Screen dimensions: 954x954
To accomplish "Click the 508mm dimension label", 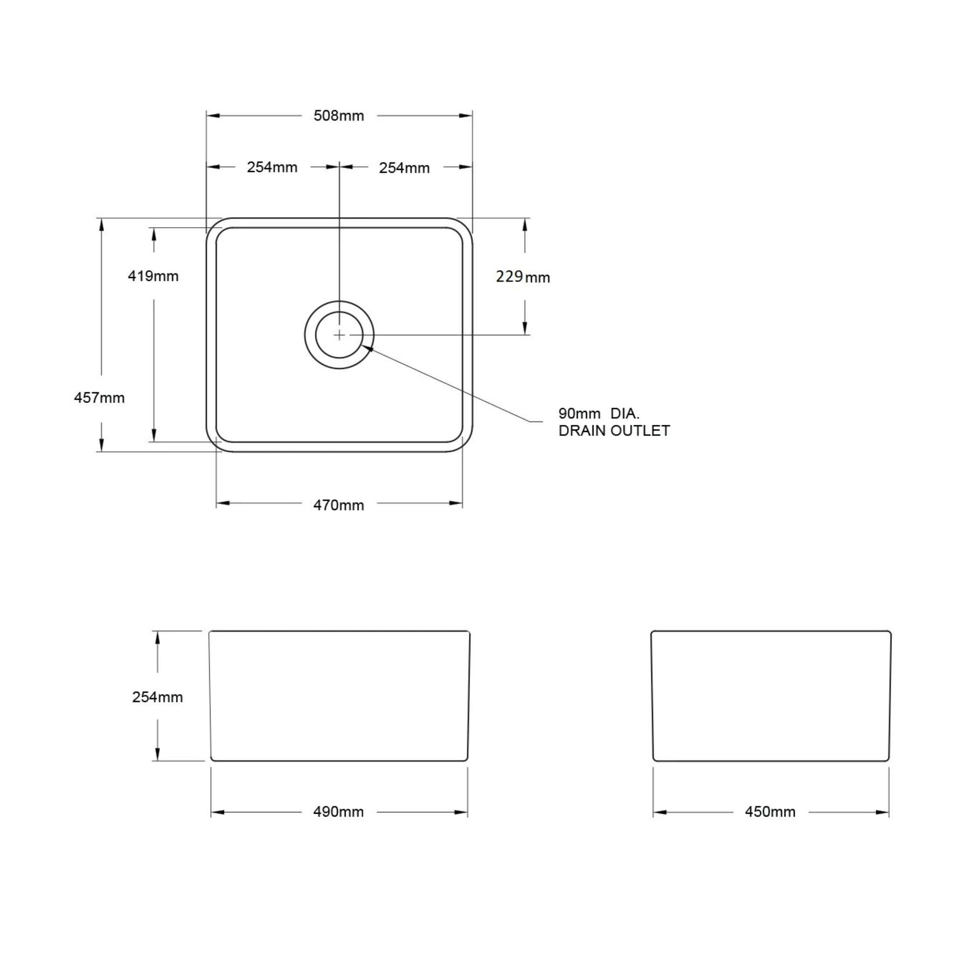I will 339,116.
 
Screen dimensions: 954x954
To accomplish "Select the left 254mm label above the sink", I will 272,167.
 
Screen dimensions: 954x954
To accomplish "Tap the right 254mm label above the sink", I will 404,168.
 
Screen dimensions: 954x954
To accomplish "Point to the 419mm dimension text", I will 153,276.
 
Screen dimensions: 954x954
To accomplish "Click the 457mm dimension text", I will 99,397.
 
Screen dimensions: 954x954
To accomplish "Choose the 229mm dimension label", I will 523,277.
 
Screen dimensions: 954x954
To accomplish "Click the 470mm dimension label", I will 339,505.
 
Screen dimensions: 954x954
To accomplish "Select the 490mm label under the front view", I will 338,812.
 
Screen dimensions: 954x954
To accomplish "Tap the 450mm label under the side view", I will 770,812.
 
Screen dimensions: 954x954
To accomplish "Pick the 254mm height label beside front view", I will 157,697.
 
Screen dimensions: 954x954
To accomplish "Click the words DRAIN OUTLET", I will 614,430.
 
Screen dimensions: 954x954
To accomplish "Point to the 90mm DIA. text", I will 599,413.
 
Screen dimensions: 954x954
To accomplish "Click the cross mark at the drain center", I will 339,335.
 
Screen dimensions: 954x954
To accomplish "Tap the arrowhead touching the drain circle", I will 368,348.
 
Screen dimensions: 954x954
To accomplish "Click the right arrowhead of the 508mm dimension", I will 466,116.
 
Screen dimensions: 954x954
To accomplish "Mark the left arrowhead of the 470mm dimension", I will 223,503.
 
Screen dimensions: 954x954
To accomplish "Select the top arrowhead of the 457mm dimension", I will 102,225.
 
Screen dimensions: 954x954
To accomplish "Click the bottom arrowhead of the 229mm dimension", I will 525,328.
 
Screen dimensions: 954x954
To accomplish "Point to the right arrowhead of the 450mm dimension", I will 882,812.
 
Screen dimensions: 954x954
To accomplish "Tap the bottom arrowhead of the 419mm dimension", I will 154,435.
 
